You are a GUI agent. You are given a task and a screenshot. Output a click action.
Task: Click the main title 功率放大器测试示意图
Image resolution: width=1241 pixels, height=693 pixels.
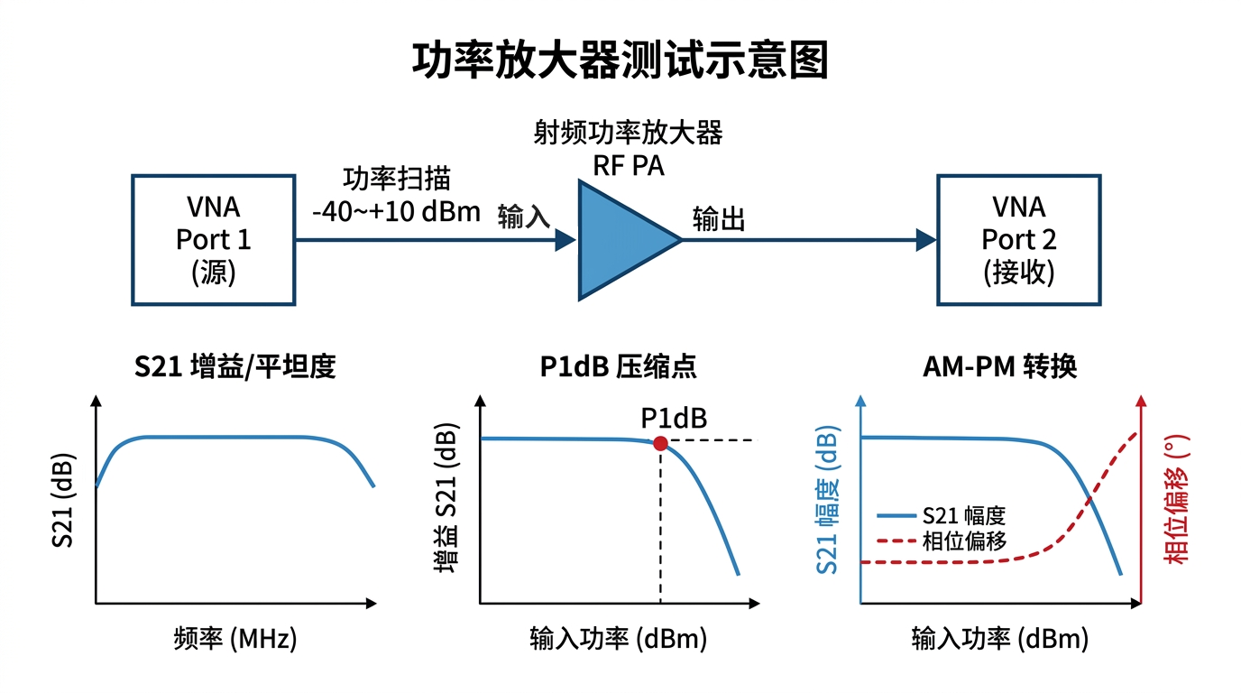pos(620,61)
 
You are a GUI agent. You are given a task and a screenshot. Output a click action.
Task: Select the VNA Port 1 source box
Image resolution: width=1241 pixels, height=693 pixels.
pos(214,239)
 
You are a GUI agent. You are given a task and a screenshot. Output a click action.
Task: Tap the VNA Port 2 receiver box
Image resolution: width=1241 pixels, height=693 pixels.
pos(1018,239)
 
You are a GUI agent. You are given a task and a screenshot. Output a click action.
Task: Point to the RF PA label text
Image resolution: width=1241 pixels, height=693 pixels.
pos(628,166)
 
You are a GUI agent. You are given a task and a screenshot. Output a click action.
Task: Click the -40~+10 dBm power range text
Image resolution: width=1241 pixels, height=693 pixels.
pos(396,212)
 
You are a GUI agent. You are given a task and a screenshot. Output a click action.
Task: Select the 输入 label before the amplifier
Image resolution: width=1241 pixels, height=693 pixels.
pos(524,217)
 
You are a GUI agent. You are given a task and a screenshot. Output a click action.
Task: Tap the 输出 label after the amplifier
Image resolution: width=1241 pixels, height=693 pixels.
pos(719,219)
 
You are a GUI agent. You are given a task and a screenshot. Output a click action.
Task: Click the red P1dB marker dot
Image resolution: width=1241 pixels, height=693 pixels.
pos(660,443)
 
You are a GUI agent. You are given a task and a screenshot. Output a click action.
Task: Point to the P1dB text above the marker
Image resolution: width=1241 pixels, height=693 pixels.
pos(674,418)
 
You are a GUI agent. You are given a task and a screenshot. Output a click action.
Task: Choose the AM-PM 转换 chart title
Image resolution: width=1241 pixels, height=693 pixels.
pos(1000,367)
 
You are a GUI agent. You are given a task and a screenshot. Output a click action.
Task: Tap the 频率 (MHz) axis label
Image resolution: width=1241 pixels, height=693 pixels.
pos(234,640)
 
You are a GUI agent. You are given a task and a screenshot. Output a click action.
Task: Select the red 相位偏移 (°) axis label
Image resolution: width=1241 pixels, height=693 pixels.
pos(1176,499)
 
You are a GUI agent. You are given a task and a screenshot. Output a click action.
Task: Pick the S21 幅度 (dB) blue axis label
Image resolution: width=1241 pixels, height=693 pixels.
pos(828,499)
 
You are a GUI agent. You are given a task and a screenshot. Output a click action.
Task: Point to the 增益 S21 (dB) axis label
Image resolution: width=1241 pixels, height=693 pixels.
pos(445,499)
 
